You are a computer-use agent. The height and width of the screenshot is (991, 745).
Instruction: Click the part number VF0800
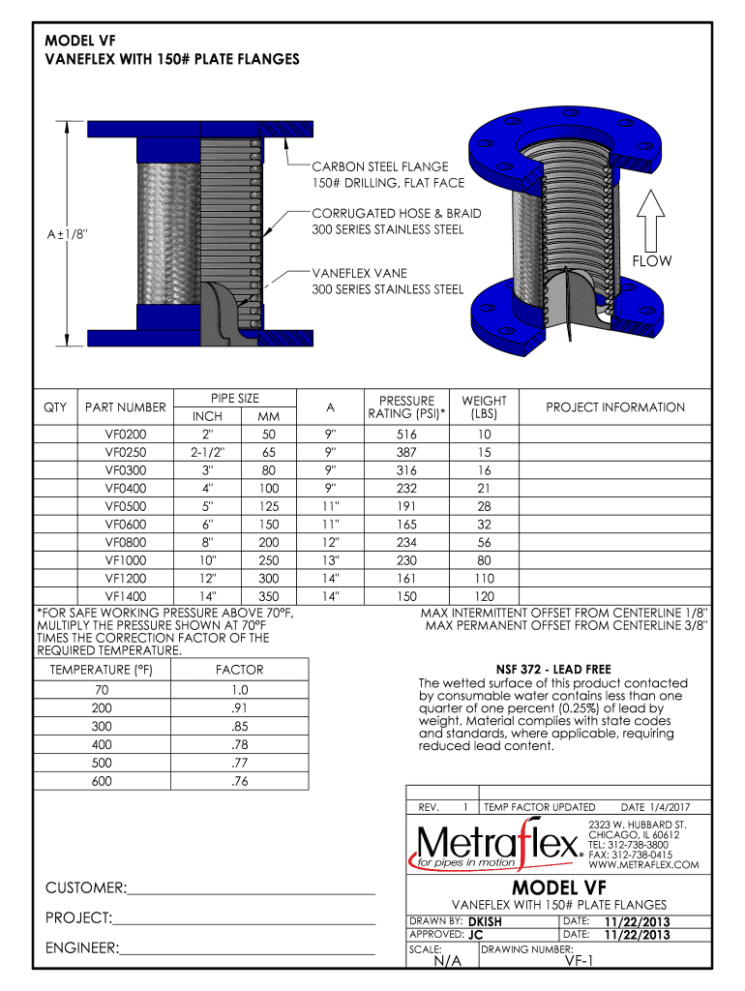pos(126,543)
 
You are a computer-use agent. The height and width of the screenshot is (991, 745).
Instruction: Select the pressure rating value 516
pos(406,435)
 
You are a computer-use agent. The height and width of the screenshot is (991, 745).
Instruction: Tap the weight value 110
pos(484,579)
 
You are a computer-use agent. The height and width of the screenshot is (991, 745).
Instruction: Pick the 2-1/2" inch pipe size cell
pos(208,452)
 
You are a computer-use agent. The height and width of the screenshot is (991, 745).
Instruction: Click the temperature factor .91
pos(240,707)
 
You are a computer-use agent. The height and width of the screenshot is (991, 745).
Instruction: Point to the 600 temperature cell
pos(102,781)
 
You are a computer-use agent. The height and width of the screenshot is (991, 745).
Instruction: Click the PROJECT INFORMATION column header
pos(614,407)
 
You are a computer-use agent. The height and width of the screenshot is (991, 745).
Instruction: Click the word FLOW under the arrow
pos(651,261)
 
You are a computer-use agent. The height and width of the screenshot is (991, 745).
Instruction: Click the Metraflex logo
pos(497,846)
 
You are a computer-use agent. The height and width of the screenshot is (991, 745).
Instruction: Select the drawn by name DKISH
pos(485,921)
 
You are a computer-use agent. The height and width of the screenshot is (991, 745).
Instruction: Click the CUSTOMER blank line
pos(251,888)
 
